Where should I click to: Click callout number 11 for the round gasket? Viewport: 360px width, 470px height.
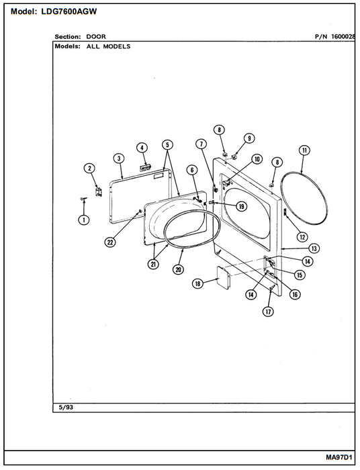[x=304, y=150]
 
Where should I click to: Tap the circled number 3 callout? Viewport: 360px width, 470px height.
[x=119, y=158]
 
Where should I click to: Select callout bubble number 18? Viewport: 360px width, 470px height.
[x=197, y=283]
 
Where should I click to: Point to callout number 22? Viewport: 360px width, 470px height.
[x=111, y=242]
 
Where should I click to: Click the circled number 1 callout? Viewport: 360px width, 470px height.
[x=84, y=220]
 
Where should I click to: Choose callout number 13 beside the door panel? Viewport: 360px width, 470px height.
[x=314, y=248]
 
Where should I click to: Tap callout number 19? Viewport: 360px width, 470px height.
[x=241, y=206]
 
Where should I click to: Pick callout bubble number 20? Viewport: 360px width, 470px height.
[x=179, y=269]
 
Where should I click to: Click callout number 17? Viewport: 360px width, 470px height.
[x=268, y=312]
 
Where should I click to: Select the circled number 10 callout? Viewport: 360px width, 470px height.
[x=257, y=159]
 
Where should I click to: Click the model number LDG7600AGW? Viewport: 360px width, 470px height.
[x=69, y=11]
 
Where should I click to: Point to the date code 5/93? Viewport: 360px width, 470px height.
[x=66, y=408]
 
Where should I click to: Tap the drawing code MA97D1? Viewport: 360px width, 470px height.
[x=339, y=457]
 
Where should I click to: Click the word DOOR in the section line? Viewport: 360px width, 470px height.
[x=96, y=36]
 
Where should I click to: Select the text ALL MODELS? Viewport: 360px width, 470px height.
[x=109, y=46]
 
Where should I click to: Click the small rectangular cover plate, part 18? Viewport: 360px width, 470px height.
[x=223, y=277]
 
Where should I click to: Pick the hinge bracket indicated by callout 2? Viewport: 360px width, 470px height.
[x=98, y=191]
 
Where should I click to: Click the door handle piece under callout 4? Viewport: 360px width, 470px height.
[x=146, y=167]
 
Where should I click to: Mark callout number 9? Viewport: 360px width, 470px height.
[x=249, y=138]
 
